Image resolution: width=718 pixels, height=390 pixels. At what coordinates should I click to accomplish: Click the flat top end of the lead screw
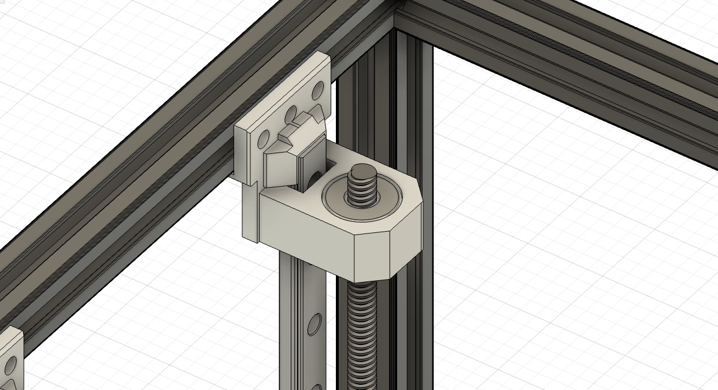click(362, 171)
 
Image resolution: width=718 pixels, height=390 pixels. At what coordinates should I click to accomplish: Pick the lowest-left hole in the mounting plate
click(264, 139)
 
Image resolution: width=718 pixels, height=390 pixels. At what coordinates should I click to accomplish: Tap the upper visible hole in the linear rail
click(315, 324)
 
